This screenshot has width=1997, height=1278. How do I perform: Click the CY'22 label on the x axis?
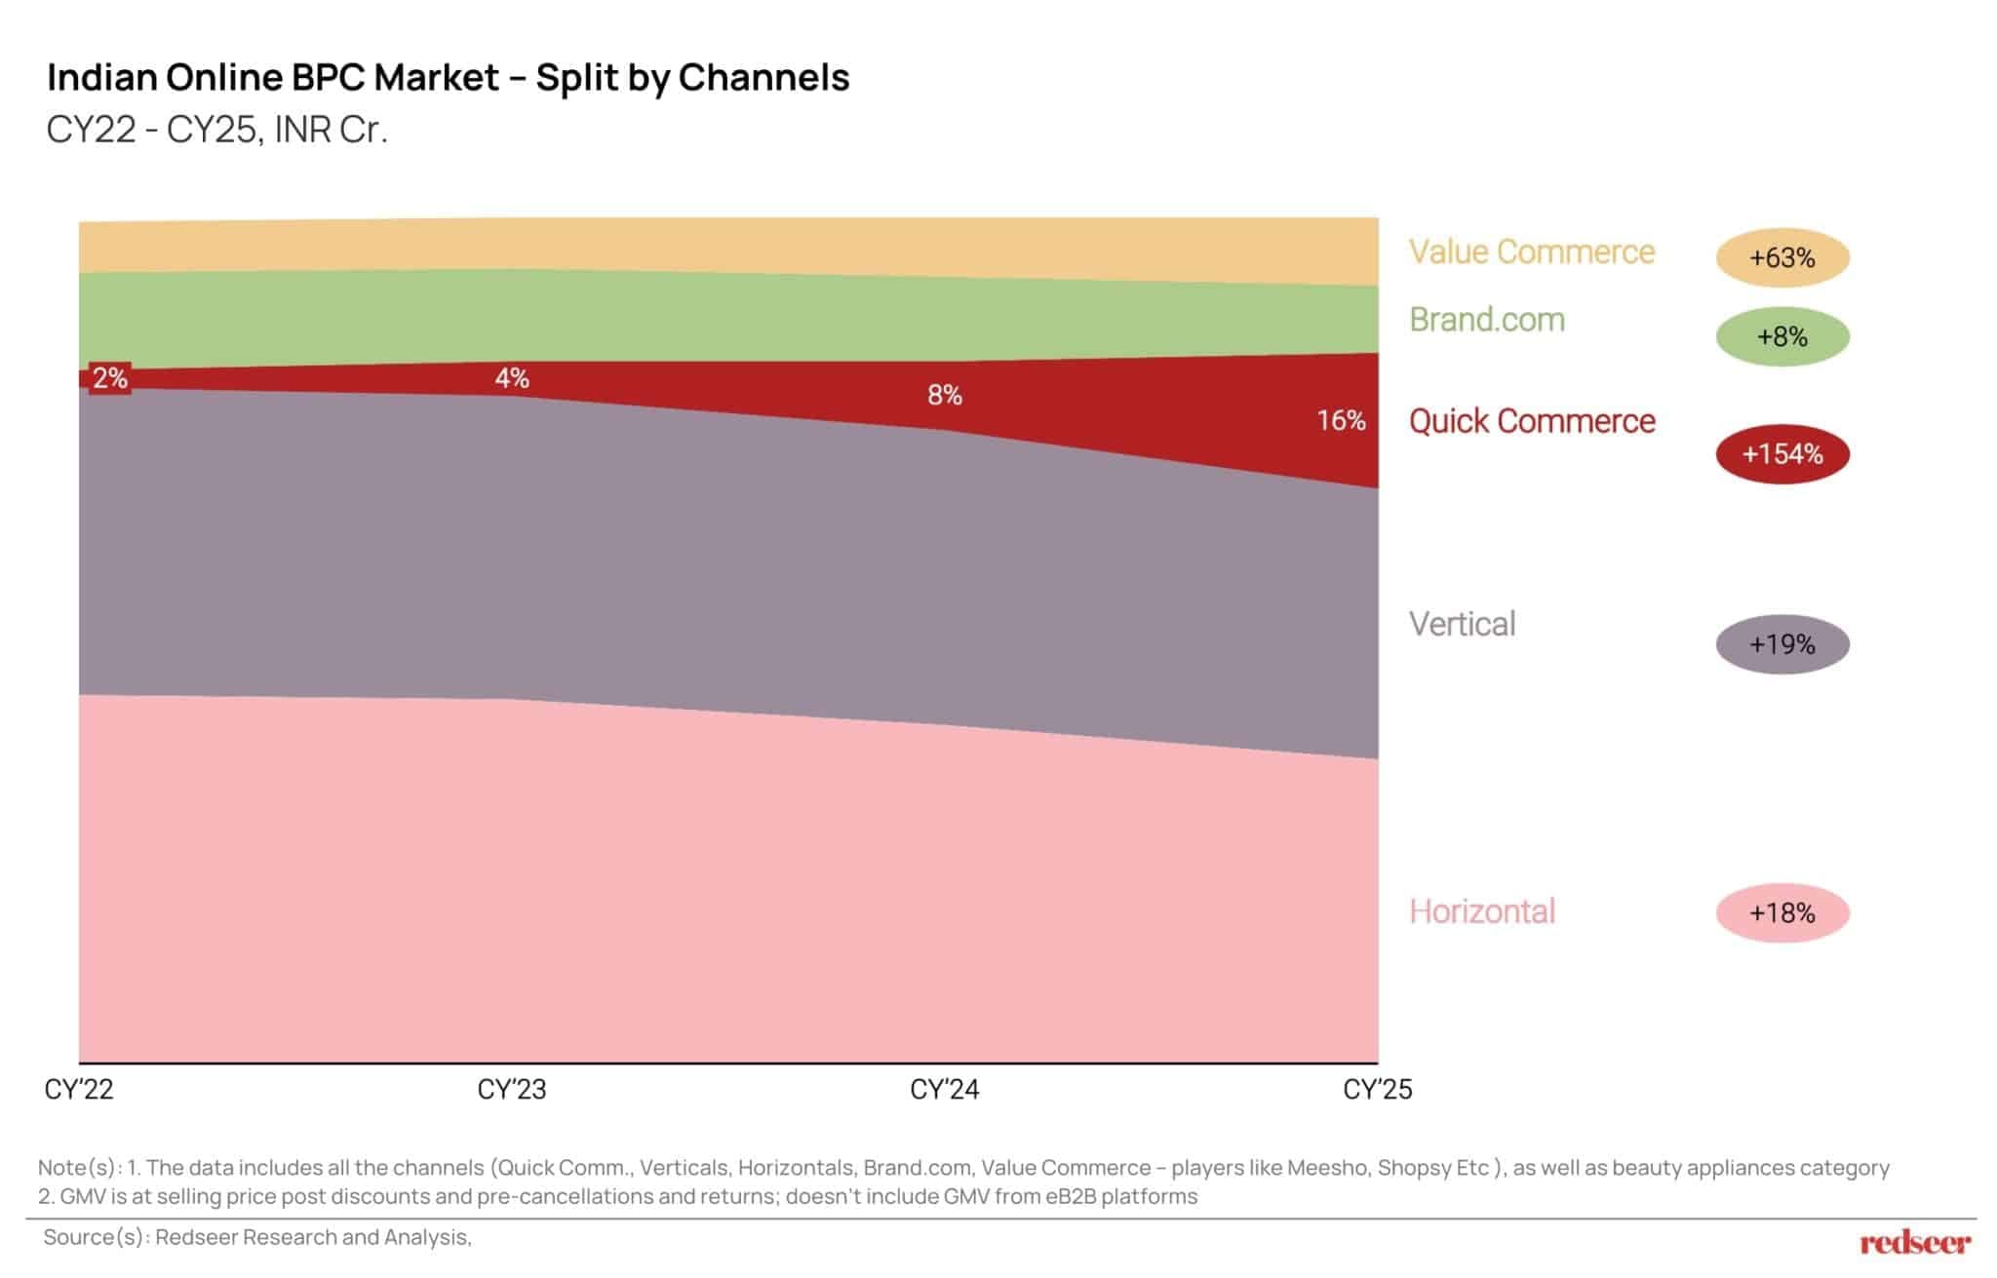pyautogui.click(x=79, y=1089)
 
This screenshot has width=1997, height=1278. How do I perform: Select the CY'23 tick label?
pyautogui.click(x=512, y=1089)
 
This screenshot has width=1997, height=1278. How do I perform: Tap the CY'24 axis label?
pyautogui.click(x=944, y=1089)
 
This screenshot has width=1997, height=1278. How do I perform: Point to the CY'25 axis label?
pyautogui.click(x=1377, y=1089)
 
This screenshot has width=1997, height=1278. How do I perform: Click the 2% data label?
pyautogui.click(x=110, y=377)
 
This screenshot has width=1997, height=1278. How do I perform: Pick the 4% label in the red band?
pyautogui.click(x=512, y=377)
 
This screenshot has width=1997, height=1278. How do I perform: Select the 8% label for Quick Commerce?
pyautogui.click(x=944, y=395)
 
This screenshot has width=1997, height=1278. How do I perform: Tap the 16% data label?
pyautogui.click(x=1341, y=420)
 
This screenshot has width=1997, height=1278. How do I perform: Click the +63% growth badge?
pyautogui.click(x=1782, y=257)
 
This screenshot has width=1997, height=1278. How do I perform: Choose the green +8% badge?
pyautogui.click(x=1782, y=336)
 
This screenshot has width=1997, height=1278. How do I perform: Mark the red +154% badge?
pyautogui.click(x=1782, y=453)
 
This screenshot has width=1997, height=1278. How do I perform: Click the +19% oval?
pyautogui.click(x=1782, y=644)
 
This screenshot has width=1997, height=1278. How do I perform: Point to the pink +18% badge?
pyautogui.click(x=1782, y=912)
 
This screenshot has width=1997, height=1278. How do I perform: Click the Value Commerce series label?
pyautogui.click(x=1531, y=252)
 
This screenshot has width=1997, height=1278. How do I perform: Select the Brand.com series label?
pyautogui.click(x=1487, y=320)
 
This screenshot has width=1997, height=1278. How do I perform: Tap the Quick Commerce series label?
pyautogui.click(x=1531, y=421)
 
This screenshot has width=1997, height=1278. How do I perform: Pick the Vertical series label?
pyautogui.click(x=1462, y=624)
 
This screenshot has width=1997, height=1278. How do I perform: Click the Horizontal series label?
pyautogui.click(x=1481, y=911)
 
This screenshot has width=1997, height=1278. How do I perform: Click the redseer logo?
pyautogui.click(x=1915, y=1242)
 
